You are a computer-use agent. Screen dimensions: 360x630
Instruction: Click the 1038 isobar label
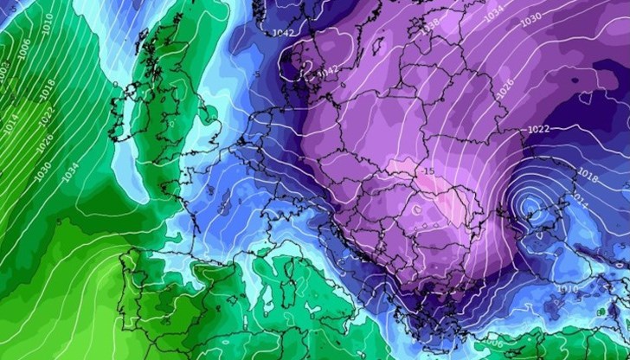(x=431, y=27)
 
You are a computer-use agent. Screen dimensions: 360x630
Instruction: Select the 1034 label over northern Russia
(x=494, y=15)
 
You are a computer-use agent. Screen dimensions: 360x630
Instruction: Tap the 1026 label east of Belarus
(x=505, y=84)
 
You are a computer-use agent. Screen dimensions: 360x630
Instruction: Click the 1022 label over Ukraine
(x=537, y=129)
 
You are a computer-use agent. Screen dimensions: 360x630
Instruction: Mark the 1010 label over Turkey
(x=569, y=288)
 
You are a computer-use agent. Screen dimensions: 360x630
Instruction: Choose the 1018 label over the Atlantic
(x=48, y=87)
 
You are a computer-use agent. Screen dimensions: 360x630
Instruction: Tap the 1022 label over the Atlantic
(x=47, y=112)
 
